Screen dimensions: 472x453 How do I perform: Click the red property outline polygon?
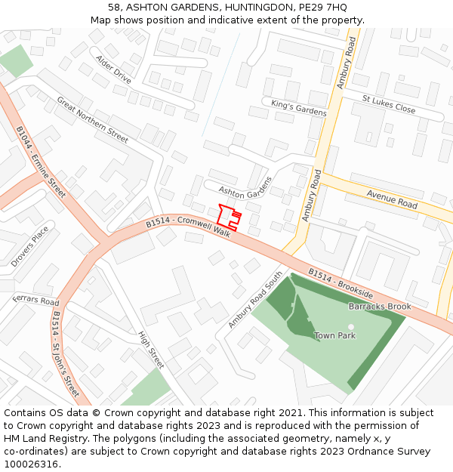pos(228,216)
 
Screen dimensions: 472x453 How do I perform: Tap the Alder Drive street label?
pos(113,69)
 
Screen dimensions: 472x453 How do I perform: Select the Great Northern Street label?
pos(92,119)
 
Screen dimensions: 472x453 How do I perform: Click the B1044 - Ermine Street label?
pos(42,162)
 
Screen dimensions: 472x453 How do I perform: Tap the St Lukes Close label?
pos(388,104)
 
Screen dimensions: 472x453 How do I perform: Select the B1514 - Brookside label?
pos(340,282)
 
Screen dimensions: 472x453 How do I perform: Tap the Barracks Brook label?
pos(380,307)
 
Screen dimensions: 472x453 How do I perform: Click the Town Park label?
pos(334,335)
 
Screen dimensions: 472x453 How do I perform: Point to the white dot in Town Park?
pos(350,327)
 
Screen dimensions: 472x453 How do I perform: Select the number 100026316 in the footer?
pos(32,464)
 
